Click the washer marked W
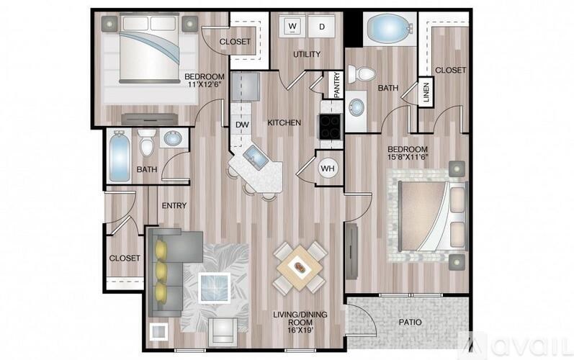(292, 27)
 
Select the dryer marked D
(321, 27)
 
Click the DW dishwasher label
(242, 124)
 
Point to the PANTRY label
(336, 84)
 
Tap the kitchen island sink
(254, 154)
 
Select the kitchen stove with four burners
(331, 127)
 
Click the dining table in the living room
(300, 266)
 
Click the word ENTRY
(174, 206)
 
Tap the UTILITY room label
(305, 54)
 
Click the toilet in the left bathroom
(147, 143)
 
